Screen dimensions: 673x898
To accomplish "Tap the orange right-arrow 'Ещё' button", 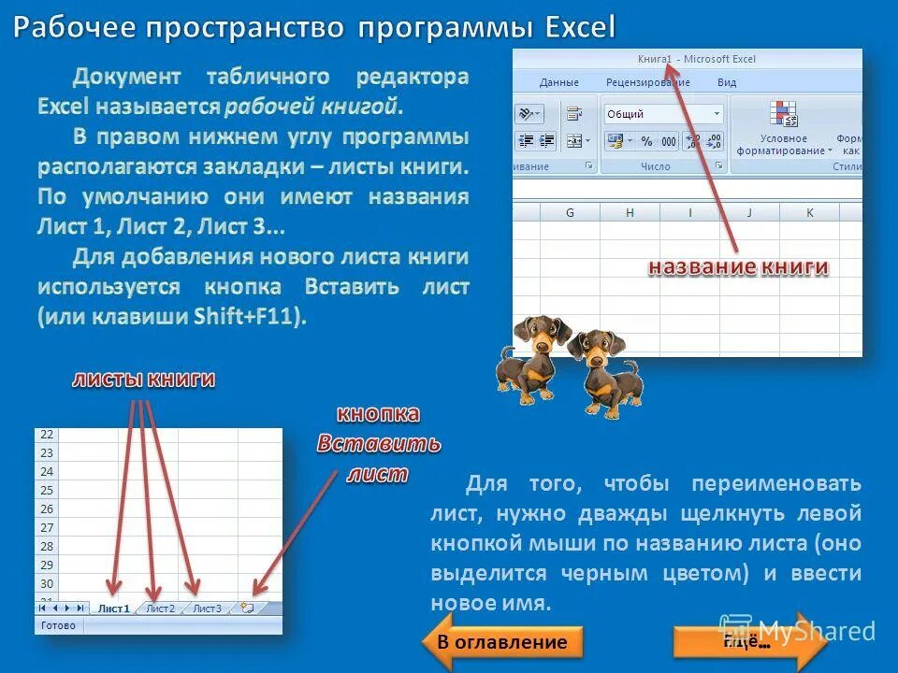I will point(749,642).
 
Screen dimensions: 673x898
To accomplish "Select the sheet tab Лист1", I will point(113,609).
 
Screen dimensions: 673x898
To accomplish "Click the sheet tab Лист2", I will point(159,609).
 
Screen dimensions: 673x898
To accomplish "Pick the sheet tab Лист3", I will point(207,609).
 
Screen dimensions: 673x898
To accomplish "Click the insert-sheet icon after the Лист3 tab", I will point(247,608).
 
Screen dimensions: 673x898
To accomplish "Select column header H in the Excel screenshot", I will point(630,213).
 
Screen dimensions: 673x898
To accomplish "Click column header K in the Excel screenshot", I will point(809,213).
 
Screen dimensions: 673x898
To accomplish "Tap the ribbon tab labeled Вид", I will point(727,82).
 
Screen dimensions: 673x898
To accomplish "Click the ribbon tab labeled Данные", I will point(558,82).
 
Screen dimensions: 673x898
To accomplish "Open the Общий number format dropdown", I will point(717,114).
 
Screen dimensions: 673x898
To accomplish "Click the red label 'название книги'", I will point(739,267).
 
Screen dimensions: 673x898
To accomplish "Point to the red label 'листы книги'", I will point(145,379).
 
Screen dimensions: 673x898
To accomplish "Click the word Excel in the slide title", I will point(581,26).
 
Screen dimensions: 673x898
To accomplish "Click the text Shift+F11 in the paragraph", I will point(248,316).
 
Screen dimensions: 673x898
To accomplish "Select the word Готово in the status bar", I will point(58,625).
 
